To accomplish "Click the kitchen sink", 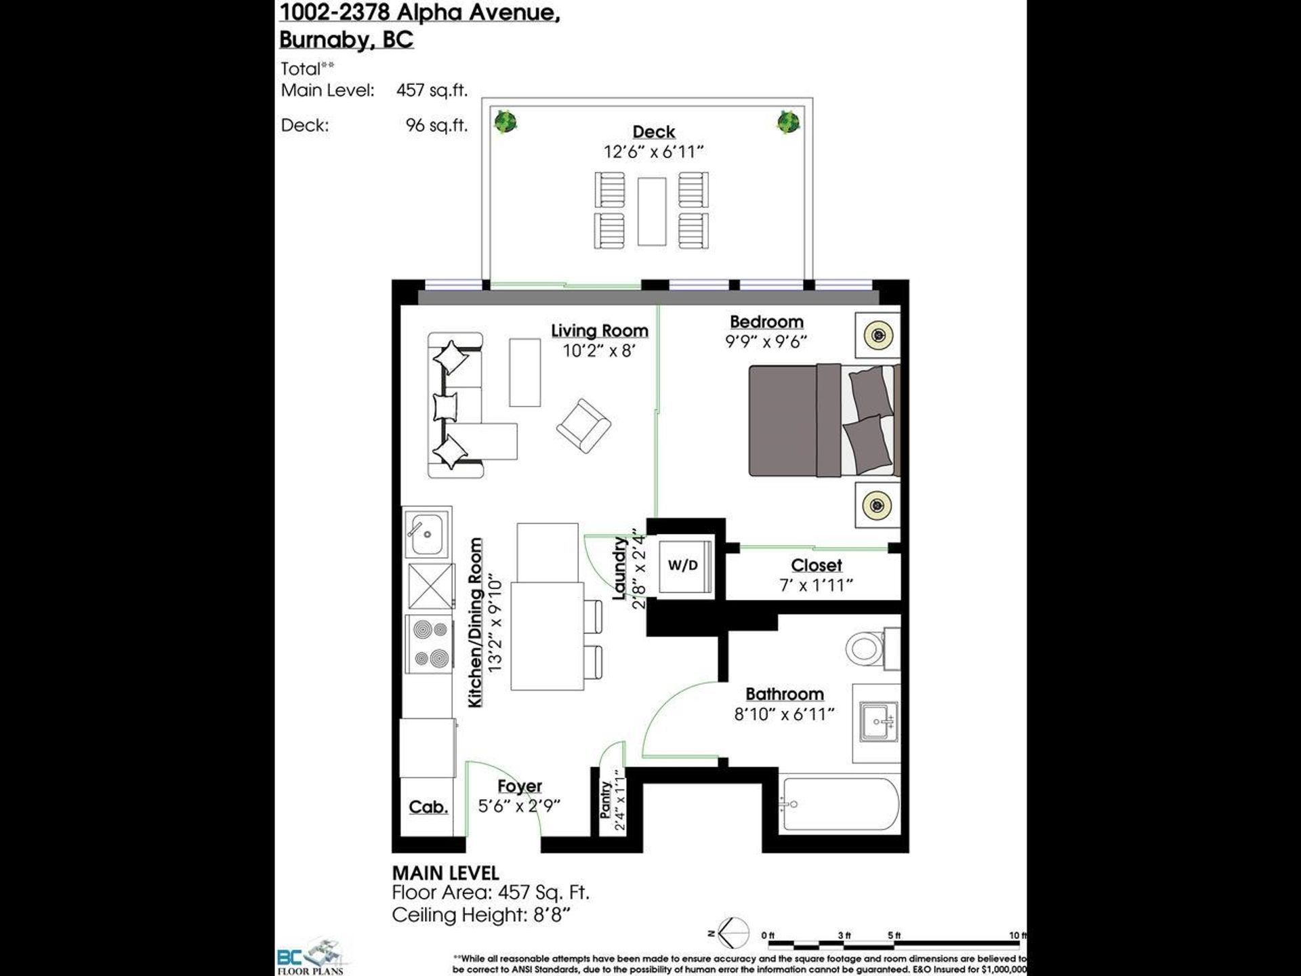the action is (426, 532).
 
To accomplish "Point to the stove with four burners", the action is (430, 643).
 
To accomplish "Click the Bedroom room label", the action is (766, 322).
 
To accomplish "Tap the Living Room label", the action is (599, 331).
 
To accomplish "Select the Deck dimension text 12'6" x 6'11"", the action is (654, 152).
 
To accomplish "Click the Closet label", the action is (817, 565).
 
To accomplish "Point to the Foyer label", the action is (520, 786).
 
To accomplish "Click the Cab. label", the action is (428, 807).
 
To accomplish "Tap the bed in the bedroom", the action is (824, 420).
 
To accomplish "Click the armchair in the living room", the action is (583, 426).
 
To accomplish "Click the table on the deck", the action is (652, 211).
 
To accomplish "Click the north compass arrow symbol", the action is (732, 933).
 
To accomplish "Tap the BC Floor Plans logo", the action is (312, 956).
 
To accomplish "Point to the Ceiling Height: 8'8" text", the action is (481, 915).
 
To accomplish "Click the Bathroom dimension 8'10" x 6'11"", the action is (784, 714).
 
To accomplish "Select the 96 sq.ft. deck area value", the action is (436, 125).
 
